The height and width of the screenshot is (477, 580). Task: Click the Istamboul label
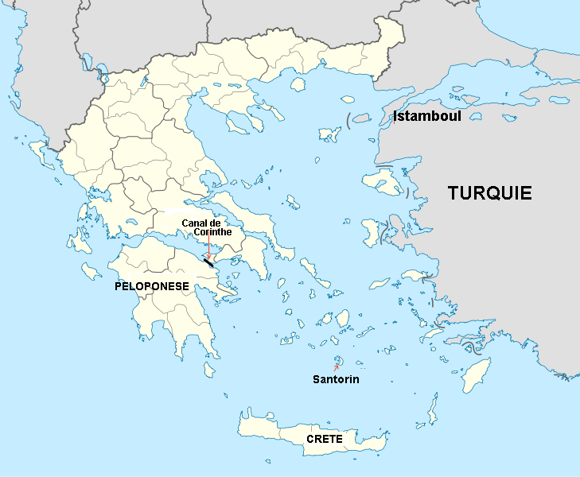(x=427, y=117)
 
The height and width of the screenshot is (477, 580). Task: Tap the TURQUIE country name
(x=489, y=193)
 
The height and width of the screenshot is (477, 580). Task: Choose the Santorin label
(x=335, y=380)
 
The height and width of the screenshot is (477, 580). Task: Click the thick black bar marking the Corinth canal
(x=208, y=262)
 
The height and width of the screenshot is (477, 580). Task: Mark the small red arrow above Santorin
(x=336, y=367)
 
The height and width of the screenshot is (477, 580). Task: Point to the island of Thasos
(x=299, y=83)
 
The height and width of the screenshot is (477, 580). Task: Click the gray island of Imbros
(x=361, y=118)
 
